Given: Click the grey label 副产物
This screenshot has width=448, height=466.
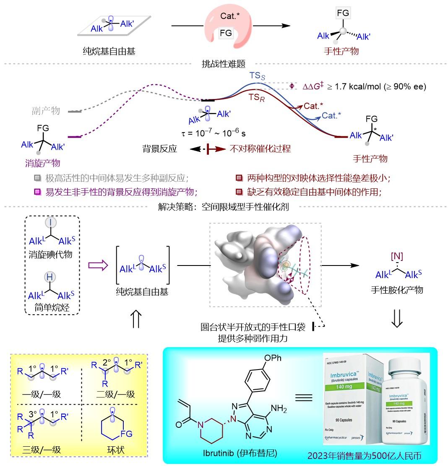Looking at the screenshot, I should point(46,111).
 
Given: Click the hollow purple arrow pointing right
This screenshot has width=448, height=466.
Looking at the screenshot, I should point(97,265).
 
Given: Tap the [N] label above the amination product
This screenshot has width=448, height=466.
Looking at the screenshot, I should point(396,255).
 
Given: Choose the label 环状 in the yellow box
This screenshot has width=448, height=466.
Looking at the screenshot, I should point(116,450).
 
